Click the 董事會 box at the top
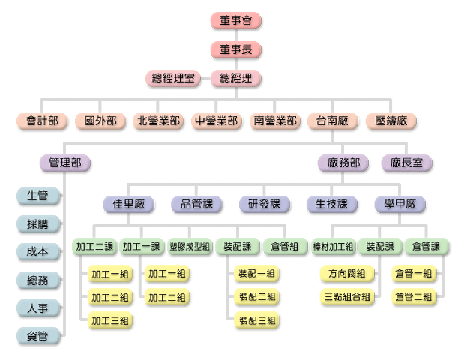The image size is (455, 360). click(236, 21)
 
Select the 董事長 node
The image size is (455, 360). click(236, 49)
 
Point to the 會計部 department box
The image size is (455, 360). click(42, 120)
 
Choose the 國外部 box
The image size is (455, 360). click(100, 120)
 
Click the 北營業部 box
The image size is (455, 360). click(159, 120)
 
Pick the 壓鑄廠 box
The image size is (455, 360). click(391, 120)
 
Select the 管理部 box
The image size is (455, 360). click(64, 162)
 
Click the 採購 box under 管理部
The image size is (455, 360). click(37, 224)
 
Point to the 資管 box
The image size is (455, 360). click(37, 336)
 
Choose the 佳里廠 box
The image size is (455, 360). click(129, 204)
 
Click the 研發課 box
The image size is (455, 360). click(264, 204)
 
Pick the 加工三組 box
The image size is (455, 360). click(109, 321)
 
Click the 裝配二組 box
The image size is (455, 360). click(256, 297)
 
